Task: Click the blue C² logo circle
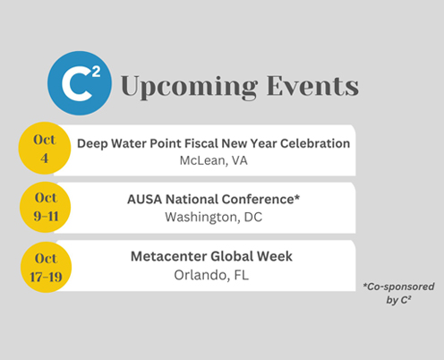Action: pyautogui.click(x=80, y=83)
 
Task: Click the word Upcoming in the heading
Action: pyautogui.click(x=189, y=87)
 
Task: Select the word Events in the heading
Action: pyautogui.click(x=312, y=86)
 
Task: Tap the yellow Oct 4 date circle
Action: pyautogui.click(x=45, y=148)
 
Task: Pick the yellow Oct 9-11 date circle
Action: pyautogui.click(x=46, y=207)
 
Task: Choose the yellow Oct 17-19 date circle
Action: pyautogui.click(x=46, y=267)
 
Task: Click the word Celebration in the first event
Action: pyautogui.click(x=315, y=143)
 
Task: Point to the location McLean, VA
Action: pyautogui.click(x=213, y=160)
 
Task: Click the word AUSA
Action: pyautogui.click(x=144, y=200)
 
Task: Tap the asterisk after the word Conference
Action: pyautogui.click(x=297, y=197)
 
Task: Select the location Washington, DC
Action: pyautogui.click(x=213, y=217)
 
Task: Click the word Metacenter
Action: pyautogui.click(x=168, y=256)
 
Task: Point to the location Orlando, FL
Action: pyautogui.click(x=211, y=275)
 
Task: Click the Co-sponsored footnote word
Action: pyautogui.click(x=398, y=287)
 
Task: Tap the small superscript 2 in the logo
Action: pyautogui.click(x=96, y=73)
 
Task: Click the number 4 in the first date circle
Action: pyautogui.click(x=45, y=158)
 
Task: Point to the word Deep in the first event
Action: pyautogui.click(x=92, y=143)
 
